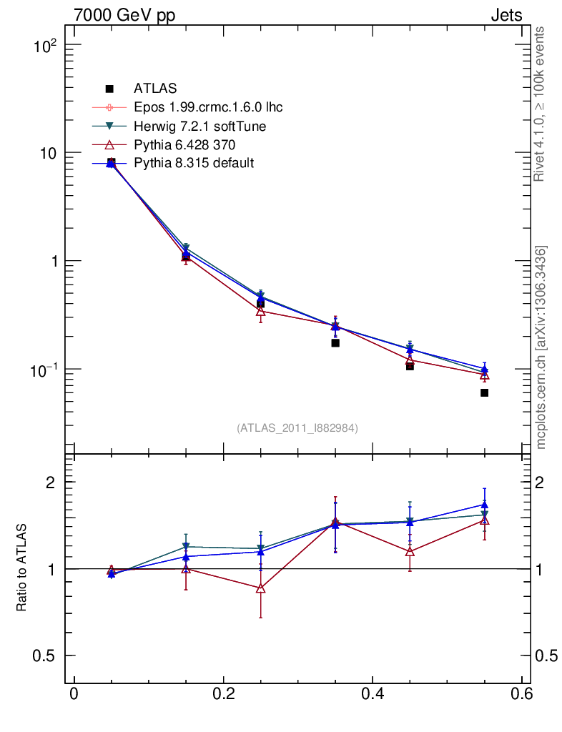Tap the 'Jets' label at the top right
pyautogui.click(x=506, y=15)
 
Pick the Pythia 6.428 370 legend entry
pyautogui.click(x=184, y=144)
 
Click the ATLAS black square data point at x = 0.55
pyautogui.click(x=484, y=392)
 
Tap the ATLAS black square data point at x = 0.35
pyautogui.click(x=335, y=343)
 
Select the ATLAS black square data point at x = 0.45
pyautogui.click(x=410, y=366)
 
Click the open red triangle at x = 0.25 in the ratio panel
pyautogui.click(x=260, y=588)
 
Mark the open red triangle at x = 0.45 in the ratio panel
pyautogui.click(x=410, y=551)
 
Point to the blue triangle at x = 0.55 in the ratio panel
pyautogui.click(x=484, y=505)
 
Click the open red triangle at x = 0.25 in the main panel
pyautogui.click(x=260, y=312)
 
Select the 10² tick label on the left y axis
pyautogui.click(x=44, y=46)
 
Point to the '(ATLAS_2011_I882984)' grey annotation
pyautogui.click(x=297, y=427)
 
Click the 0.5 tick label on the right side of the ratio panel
pyautogui.click(x=547, y=656)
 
